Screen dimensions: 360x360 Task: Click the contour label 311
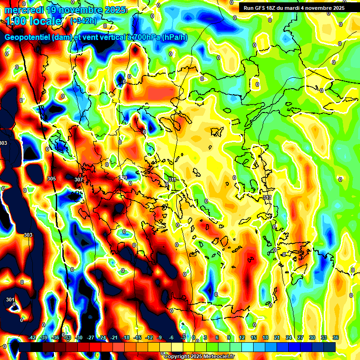(172, 180)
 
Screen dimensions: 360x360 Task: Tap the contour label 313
(267, 197)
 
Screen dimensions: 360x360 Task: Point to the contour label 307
(78, 180)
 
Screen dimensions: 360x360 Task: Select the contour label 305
(52, 179)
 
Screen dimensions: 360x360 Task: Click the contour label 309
(123, 177)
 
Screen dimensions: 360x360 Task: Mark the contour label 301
(10, 299)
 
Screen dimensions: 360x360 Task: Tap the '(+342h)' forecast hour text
(83, 21)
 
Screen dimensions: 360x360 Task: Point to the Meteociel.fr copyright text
(199, 356)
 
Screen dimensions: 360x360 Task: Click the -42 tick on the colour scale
(32, 338)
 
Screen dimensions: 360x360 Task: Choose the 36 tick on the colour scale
(336, 338)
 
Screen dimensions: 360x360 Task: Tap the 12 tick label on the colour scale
(242, 338)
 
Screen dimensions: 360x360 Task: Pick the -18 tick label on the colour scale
(126, 338)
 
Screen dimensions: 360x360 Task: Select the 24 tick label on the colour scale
(289, 338)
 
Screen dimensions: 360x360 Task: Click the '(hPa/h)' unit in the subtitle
(175, 37)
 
